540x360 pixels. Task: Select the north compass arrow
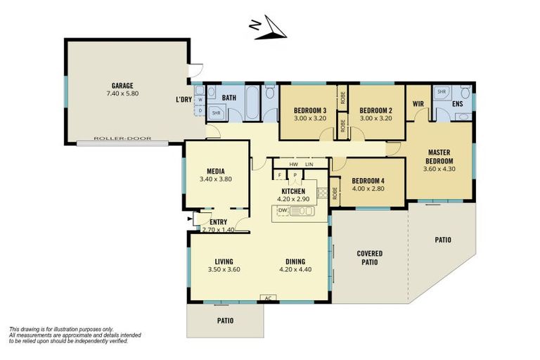[270, 30]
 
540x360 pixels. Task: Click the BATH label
[229, 98]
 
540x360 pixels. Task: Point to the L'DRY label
[184, 99]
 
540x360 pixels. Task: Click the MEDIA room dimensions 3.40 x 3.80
[215, 179]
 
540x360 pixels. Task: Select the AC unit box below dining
[267, 298]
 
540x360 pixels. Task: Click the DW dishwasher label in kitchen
[283, 210]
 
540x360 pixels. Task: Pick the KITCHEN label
[293, 191]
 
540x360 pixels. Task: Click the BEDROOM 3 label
[309, 110]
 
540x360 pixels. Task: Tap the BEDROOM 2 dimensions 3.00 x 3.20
[375, 119]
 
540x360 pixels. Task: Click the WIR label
[418, 104]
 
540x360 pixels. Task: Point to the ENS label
[457, 104]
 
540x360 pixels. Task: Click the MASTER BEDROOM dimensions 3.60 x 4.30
[439, 169]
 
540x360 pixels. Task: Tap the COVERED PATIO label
[369, 257]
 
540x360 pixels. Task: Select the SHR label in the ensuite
[442, 91]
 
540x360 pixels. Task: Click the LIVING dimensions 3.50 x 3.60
[224, 269]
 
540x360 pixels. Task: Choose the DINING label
[295, 260]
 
